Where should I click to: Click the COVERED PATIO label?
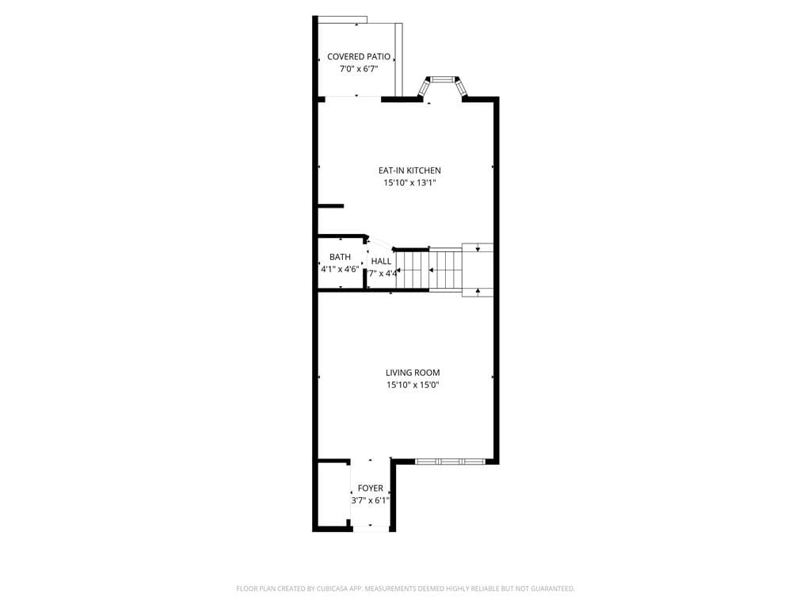tap(359, 57)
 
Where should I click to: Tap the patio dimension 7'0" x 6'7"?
tap(359, 69)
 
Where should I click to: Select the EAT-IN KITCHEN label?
tap(409, 170)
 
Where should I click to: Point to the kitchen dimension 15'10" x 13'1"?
tap(409, 183)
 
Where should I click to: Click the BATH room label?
tap(340, 257)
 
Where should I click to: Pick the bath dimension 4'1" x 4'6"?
tap(340, 270)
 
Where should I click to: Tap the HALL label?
tap(381, 261)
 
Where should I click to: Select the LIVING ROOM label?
tap(413, 373)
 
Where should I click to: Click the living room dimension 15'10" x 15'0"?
tap(413, 385)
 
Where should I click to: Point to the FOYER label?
tap(371, 488)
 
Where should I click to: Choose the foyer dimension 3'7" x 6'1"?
tap(371, 500)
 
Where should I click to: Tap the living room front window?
tap(450, 462)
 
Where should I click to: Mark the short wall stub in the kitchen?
tap(331, 206)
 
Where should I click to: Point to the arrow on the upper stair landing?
tap(478, 249)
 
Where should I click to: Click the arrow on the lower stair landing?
tap(478, 291)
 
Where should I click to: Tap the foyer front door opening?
tap(371, 528)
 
